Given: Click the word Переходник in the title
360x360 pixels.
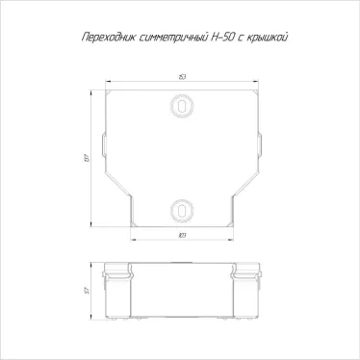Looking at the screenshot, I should pyautogui.click(x=102, y=36).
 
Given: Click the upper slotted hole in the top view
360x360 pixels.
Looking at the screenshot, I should pyautogui.click(x=181, y=105).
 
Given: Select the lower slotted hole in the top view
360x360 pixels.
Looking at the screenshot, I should pyautogui.click(x=181, y=209).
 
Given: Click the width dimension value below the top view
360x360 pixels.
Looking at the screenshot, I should pyautogui.click(x=181, y=237).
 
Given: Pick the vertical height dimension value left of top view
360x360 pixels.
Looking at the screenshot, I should pyautogui.click(x=84, y=156).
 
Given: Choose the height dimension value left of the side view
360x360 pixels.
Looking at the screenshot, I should pyautogui.click(x=85, y=295).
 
